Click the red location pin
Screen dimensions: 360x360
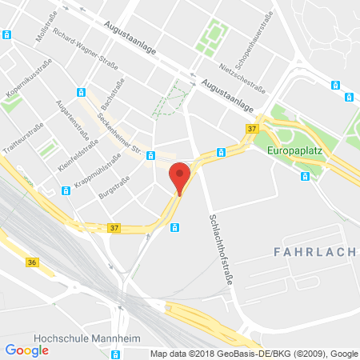pyautogui.click(x=181, y=177)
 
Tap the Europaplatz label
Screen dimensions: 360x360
pyautogui.click(x=298, y=150)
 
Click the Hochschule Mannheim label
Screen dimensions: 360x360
pyautogui.click(x=58, y=336)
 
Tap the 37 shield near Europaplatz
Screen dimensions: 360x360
pyautogui.click(x=252, y=130)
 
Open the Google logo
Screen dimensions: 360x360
pyautogui.click(x=26, y=349)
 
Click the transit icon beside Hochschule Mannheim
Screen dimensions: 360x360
pyautogui.click(x=116, y=353)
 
